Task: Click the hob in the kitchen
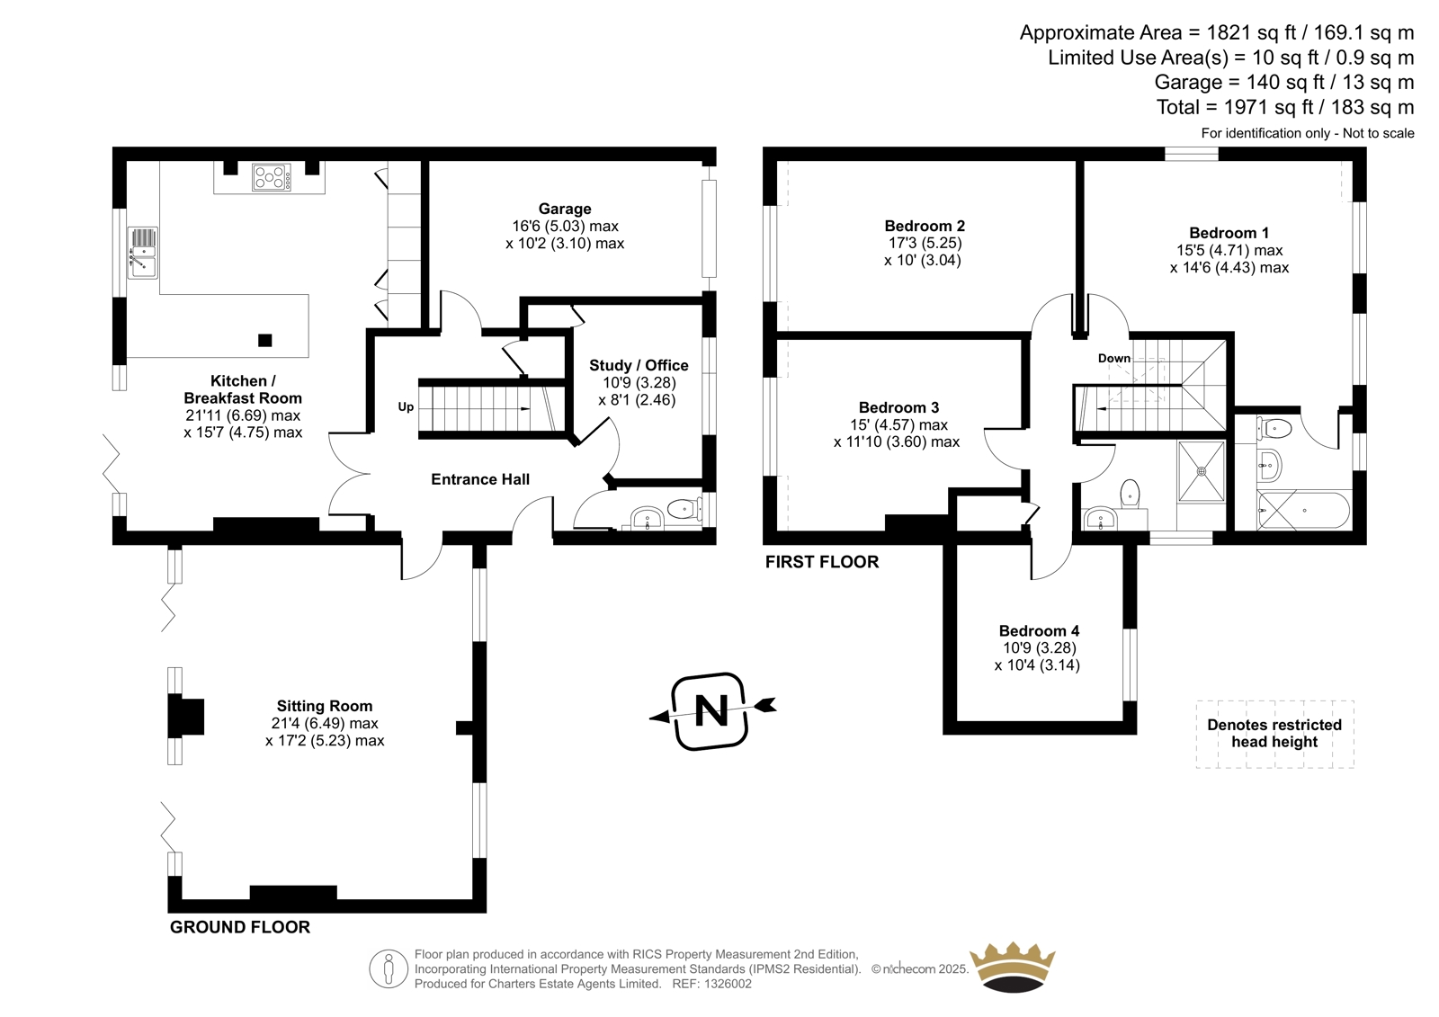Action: coord(271,177)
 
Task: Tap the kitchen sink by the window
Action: coord(143,253)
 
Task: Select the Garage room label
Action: coord(565,209)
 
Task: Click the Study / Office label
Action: coord(639,366)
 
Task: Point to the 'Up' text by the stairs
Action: coord(406,406)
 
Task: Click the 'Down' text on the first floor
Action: coord(1114,359)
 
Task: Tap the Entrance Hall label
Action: coord(480,479)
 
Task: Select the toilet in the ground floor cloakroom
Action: coord(684,510)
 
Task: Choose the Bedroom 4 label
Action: coord(1039,631)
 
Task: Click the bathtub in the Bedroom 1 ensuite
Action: coord(1303,511)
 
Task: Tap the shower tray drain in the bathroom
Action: coord(1202,471)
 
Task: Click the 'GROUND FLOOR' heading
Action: coord(239,927)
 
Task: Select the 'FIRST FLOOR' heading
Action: coord(822,562)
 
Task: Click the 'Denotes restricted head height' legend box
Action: coord(1274,734)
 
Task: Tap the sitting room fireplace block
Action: coord(186,717)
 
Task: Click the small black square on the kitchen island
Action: coord(264,341)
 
